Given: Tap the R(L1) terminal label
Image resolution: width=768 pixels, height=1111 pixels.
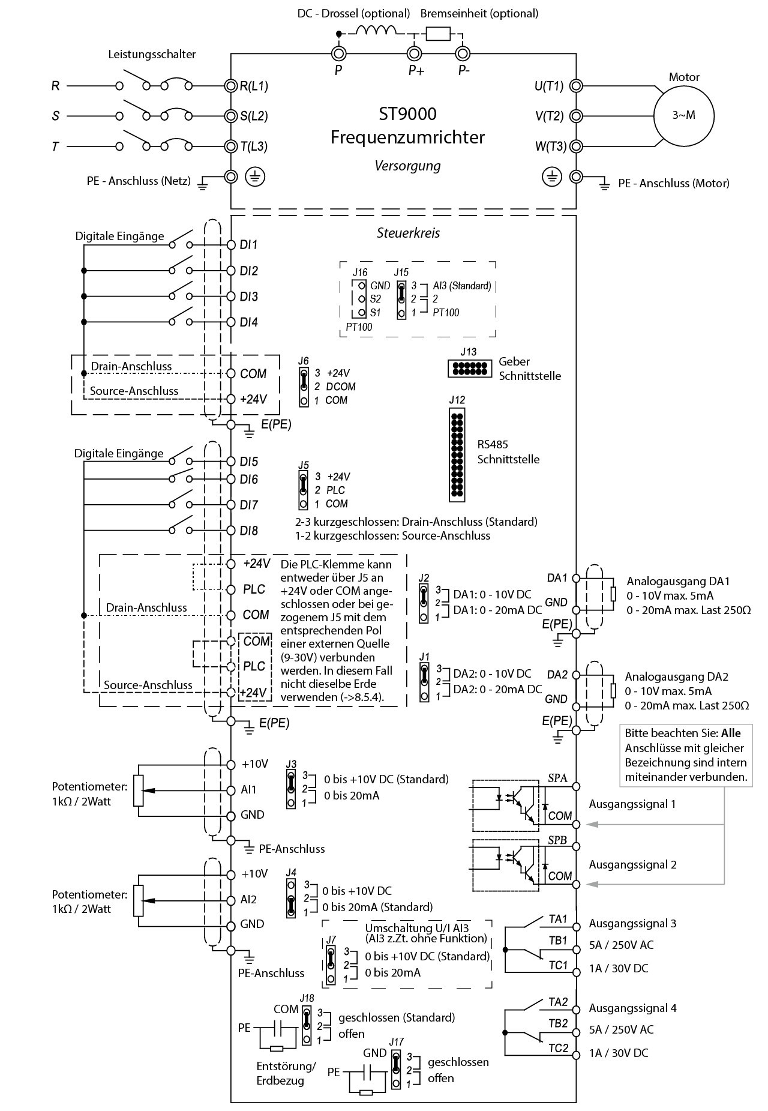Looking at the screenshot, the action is click(x=253, y=86).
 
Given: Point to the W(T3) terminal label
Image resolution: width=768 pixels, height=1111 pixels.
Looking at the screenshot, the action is click(x=550, y=146).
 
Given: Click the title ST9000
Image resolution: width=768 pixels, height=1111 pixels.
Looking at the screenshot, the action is click(x=407, y=113).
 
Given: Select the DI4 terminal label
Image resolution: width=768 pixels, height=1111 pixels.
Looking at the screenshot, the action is click(x=248, y=322).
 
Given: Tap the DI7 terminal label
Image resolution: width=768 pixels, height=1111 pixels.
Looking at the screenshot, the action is click(x=248, y=505).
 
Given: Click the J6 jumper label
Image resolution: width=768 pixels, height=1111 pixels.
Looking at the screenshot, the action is click(x=304, y=361).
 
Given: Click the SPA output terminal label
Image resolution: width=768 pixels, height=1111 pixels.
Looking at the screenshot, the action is click(x=557, y=777).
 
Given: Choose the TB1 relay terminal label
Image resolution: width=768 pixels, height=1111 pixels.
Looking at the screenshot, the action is click(x=558, y=940).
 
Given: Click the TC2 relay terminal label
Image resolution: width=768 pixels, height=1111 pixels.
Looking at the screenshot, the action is click(x=558, y=1048).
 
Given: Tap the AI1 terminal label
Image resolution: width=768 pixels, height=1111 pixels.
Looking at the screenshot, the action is click(x=249, y=790).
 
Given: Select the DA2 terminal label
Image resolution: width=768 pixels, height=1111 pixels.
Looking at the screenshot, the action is click(x=557, y=674).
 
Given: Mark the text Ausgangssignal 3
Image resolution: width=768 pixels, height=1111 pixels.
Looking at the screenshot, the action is click(x=632, y=923).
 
